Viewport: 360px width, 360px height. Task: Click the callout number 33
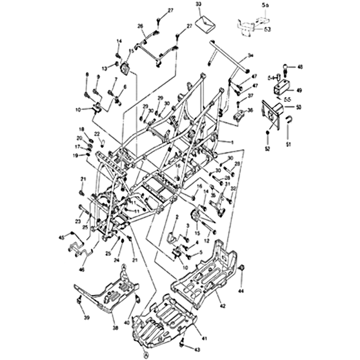pyautogui.click(x=199, y=4)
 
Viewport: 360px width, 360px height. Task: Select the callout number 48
pyautogui.click(x=300, y=67)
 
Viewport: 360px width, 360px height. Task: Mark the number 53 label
pyautogui.click(x=267, y=29)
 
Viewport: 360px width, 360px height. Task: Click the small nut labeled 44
pyautogui.click(x=241, y=269)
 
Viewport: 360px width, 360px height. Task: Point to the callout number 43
pyautogui.click(x=197, y=350)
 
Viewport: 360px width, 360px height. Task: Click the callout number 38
pyautogui.click(x=115, y=328)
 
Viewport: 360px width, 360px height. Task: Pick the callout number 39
pyautogui.click(x=87, y=318)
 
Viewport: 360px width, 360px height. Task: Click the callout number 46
pyautogui.click(x=81, y=270)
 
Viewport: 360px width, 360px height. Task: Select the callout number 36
pyautogui.click(x=251, y=110)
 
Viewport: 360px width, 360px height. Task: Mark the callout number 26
pyautogui.click(x=140, y=26)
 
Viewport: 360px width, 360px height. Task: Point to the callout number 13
pyautogui.click(x=104, y=68)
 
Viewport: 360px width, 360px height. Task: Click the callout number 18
pyautogui.click(x=82, y=129)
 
